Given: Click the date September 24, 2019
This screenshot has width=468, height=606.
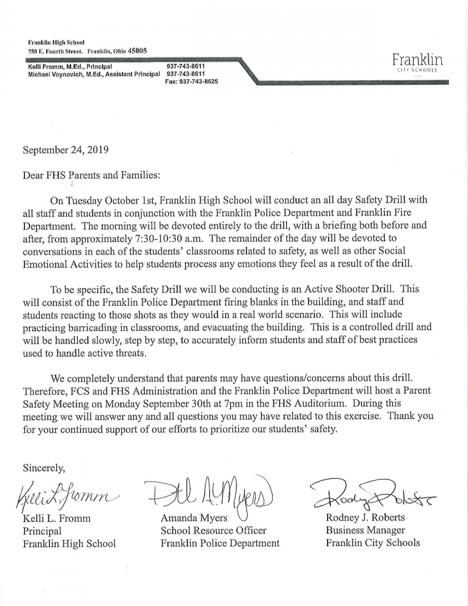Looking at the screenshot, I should point(66,150).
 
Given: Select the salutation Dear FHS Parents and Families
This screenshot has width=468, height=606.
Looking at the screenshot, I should point(92,175).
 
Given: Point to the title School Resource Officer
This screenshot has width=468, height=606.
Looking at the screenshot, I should point(213,531).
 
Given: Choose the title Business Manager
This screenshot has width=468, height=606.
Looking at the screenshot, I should point(365,531).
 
